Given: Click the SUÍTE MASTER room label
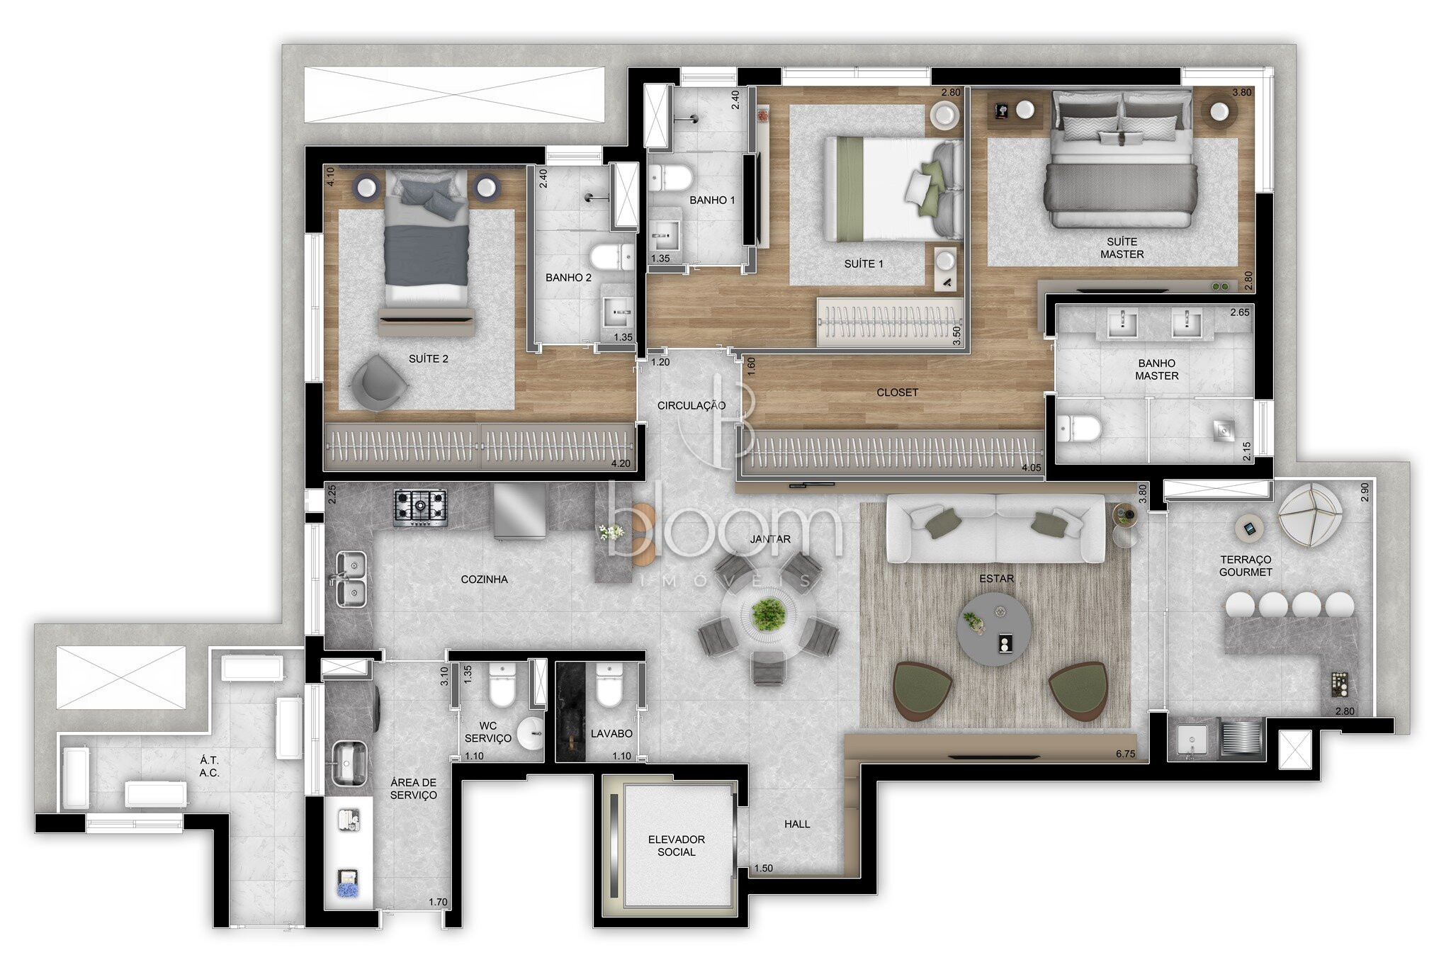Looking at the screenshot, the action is pyautogui.click(x=1122, y=248).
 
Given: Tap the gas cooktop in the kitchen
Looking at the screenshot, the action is pyautogui.click(x=421, y=507).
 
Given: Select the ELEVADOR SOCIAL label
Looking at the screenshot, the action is pyautogui.click(x=677, y=846).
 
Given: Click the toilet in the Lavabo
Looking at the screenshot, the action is pyautogui.click(x=609, y=684).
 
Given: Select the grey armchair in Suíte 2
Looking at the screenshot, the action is pyautogui.click(x=378, y=383).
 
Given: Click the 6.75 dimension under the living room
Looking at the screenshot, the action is pyautogui.click(x=1125, y=754).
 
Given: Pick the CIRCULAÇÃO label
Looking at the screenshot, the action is pyautogui.click(x=691, y=406).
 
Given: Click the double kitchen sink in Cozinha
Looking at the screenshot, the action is pyautogui.click(x=350, y=579).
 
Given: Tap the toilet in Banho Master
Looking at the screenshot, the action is pyautogui.click(x=1078, y=428).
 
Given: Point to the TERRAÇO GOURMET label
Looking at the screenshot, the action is pyautogui.click(x=1246, y=566).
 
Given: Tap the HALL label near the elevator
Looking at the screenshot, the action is pyautogui.click(x=797, y=824).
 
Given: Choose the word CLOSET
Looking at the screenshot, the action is pyautogui.click(x=897, y=392).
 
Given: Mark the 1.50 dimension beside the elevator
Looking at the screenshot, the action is pyautogui.click(x=764, y=869).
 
